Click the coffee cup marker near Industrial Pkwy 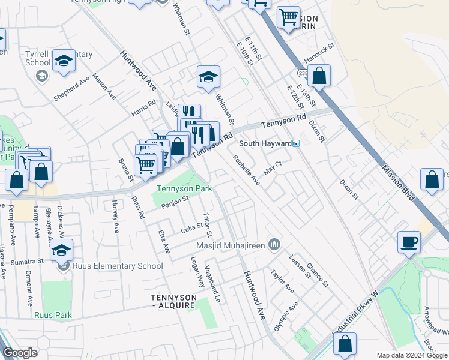(x=409, y=242)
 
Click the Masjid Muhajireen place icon (x=274, y=244)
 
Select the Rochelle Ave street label (x=246, y=170)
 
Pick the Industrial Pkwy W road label (x=357, y=321)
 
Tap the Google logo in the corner (x=20, y=353)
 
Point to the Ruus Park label (x=53, y=315)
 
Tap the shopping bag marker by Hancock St (x=320, y=76)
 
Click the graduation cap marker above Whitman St (x=208, y=77)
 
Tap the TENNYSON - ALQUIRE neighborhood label (x=173, y=301)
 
